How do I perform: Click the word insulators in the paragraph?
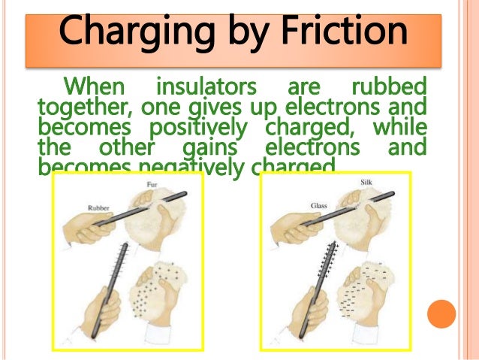pos(204,85)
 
